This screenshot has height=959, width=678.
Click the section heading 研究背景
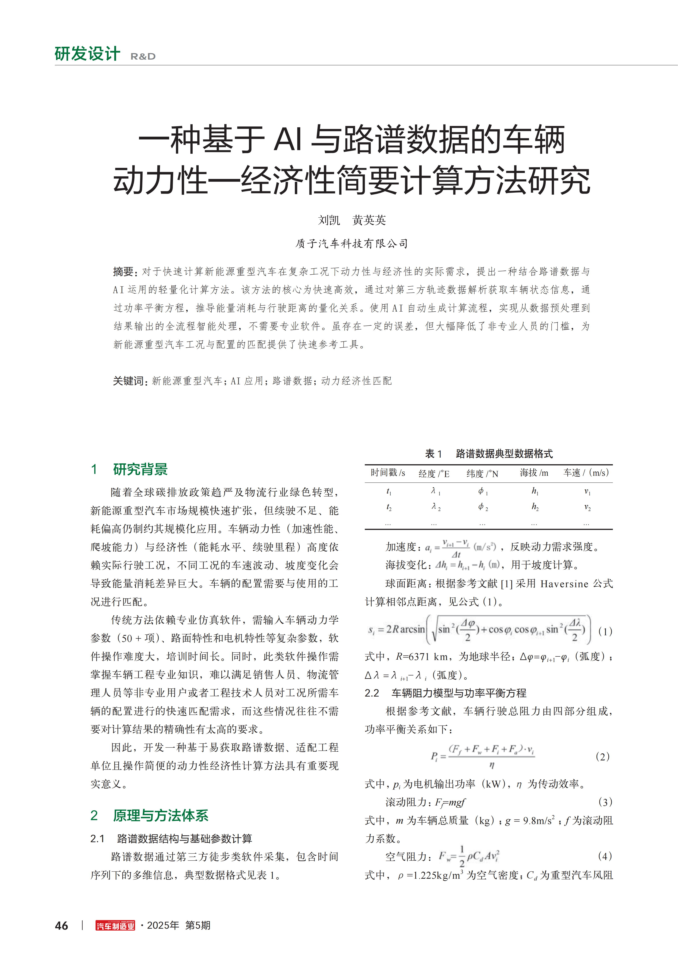coord(140,470)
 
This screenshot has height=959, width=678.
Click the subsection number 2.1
coord(97,839)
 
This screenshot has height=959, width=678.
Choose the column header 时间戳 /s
coord(388,473)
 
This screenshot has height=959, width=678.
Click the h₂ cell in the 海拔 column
coord(535,507)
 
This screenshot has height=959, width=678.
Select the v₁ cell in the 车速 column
coord(587,492)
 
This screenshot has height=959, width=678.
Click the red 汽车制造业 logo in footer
coord(115,926)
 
